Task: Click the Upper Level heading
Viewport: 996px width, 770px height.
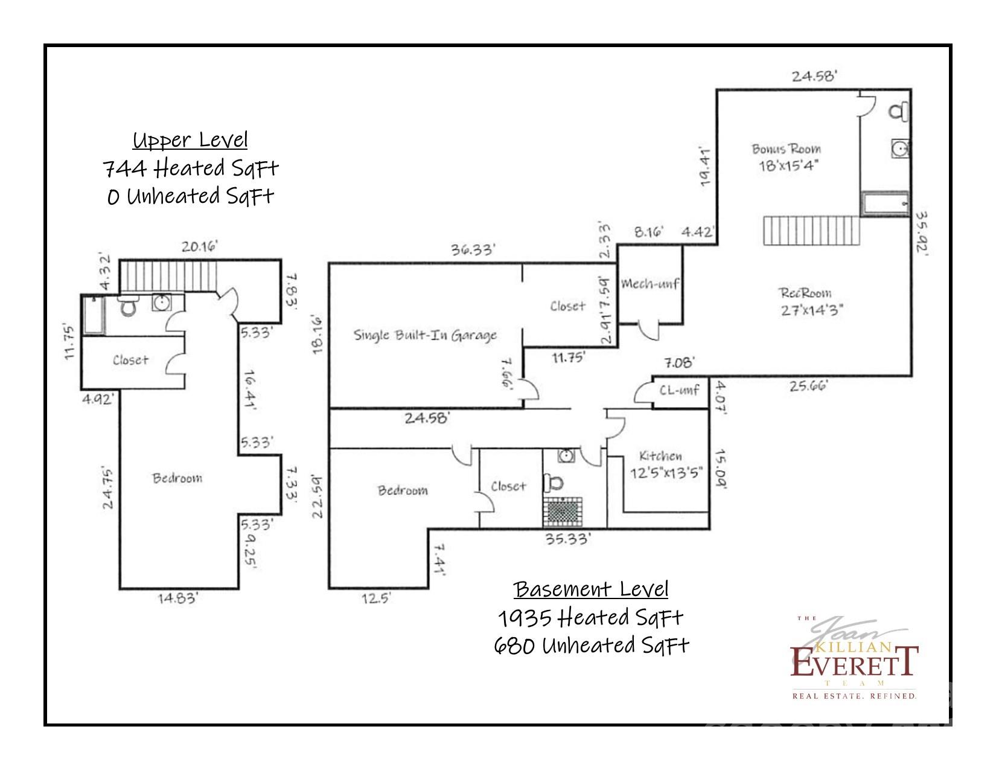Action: tap(190, 140)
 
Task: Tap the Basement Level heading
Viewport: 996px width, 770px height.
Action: tap(591, 588)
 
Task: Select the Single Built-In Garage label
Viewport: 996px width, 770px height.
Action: tap(425, 335)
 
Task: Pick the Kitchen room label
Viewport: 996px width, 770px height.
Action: tap(660, 456)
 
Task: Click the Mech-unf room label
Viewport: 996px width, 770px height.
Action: tap(650, 283)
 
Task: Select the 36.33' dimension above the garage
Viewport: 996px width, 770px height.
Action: tap(474, 249)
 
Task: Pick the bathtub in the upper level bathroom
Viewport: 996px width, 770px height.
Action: tap(94, 314)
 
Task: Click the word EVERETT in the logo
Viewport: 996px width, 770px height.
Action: tap(854, 663)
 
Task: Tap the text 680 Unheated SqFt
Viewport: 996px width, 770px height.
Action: tap(591, 646)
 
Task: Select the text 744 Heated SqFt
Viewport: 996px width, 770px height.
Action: tap(191, 168)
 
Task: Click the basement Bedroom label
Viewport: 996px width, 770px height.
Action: tap(403, 490)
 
